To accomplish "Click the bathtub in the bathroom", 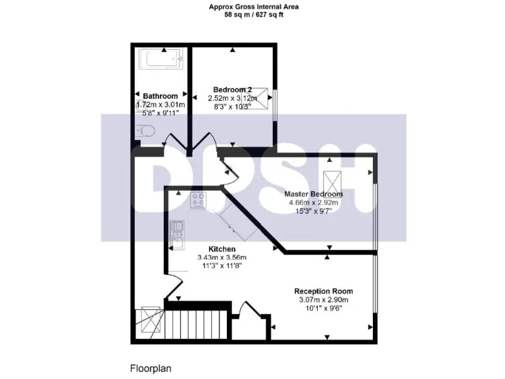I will coord(160,62).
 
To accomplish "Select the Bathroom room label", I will coord(160,95).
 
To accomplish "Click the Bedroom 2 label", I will coord(232,89).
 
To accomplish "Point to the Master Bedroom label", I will coord(313,194).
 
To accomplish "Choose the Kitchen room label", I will coord(222,249).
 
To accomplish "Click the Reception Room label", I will coord(324,291).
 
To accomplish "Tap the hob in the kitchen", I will coord(199,200).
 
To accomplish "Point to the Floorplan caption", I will coord(151,368).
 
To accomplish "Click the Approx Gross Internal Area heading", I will coord(253,7).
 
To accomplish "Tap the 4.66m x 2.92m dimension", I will coord(314,203).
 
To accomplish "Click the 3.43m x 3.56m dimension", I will coord(222,257).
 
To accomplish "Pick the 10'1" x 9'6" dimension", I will coord(323,309).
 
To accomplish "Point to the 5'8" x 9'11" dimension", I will coord(160,113).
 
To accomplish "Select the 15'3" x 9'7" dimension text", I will coord(314,211).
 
